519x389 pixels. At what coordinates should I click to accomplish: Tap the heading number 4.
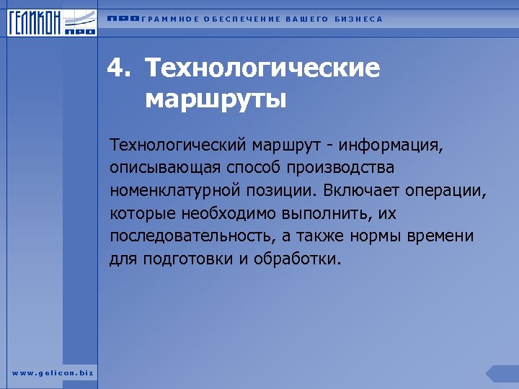[x=118, y=68]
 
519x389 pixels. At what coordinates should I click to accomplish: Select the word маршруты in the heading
[x=216, y=97]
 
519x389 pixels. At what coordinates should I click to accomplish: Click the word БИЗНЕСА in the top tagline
[x=359, y=19]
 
